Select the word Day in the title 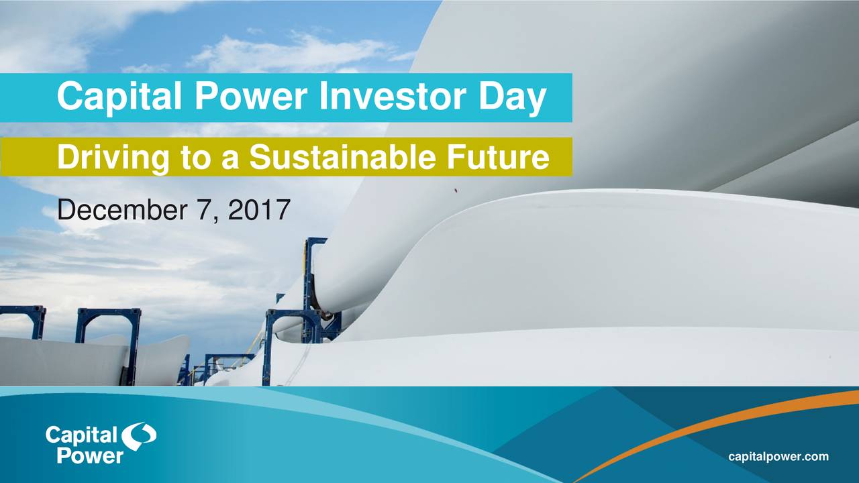coord(511,97)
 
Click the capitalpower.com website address coord(778,457)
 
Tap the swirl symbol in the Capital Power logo coord(139,437)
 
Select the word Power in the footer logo coord(90,455)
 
